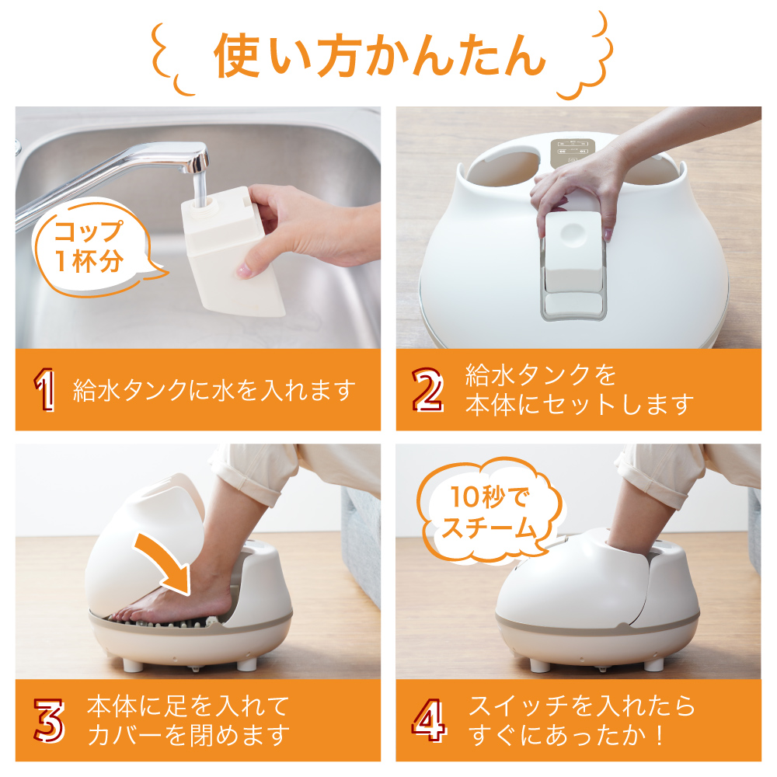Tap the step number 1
(44, 390)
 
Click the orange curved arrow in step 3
(168, 559)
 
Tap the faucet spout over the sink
(199, 179)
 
